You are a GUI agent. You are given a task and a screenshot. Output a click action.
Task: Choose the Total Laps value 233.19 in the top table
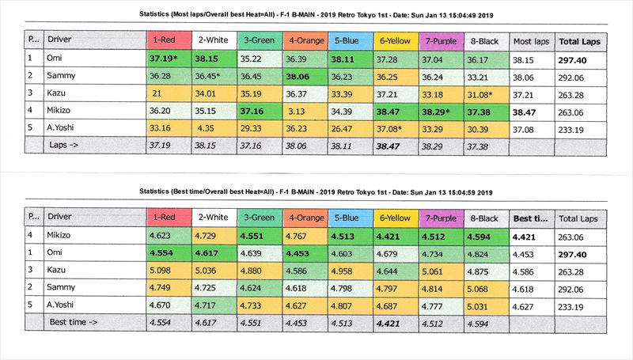pyautogui.click(x=575, y=128)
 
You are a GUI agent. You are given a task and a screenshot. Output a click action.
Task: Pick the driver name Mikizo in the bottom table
pyautogui.click(x=63, y=236)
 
